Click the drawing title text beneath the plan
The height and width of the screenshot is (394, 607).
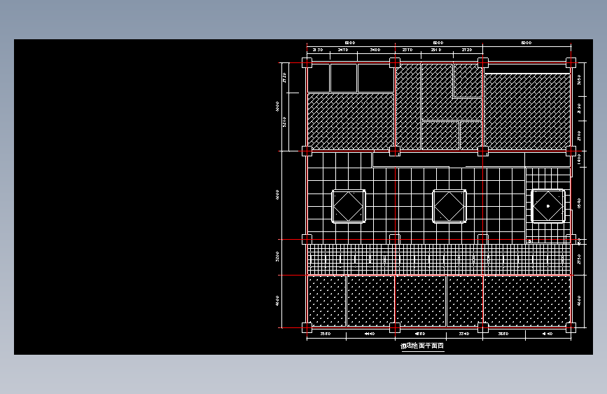422,346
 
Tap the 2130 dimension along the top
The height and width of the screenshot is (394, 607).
317,50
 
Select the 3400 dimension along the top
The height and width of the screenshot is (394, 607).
375,50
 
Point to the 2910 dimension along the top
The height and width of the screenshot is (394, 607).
435,50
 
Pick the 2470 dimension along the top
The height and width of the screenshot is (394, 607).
343,50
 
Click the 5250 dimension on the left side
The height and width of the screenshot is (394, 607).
284,122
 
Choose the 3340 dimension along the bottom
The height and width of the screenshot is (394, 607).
463,334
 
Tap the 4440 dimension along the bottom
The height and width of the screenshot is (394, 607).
370,334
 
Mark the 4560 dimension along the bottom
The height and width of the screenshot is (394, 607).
420,334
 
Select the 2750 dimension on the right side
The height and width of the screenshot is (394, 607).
579,259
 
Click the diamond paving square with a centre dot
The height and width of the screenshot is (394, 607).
547,206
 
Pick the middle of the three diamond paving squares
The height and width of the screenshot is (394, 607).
449,206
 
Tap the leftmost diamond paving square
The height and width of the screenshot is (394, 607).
348,206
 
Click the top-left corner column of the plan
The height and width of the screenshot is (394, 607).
307,62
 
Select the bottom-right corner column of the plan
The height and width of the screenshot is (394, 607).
571,327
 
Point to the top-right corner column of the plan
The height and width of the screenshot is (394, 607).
571,62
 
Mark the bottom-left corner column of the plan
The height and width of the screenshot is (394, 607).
307,327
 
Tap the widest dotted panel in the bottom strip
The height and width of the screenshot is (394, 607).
526,301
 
